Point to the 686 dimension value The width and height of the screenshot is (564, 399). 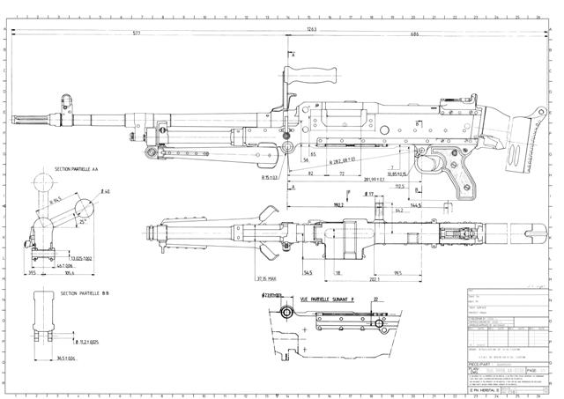coord(413,34)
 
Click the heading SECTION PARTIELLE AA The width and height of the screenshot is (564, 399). coord(78,168)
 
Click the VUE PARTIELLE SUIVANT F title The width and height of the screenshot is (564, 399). coord(327,299)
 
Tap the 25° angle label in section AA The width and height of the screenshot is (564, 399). coord(84,223)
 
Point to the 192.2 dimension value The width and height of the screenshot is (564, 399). coord(313,204)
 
